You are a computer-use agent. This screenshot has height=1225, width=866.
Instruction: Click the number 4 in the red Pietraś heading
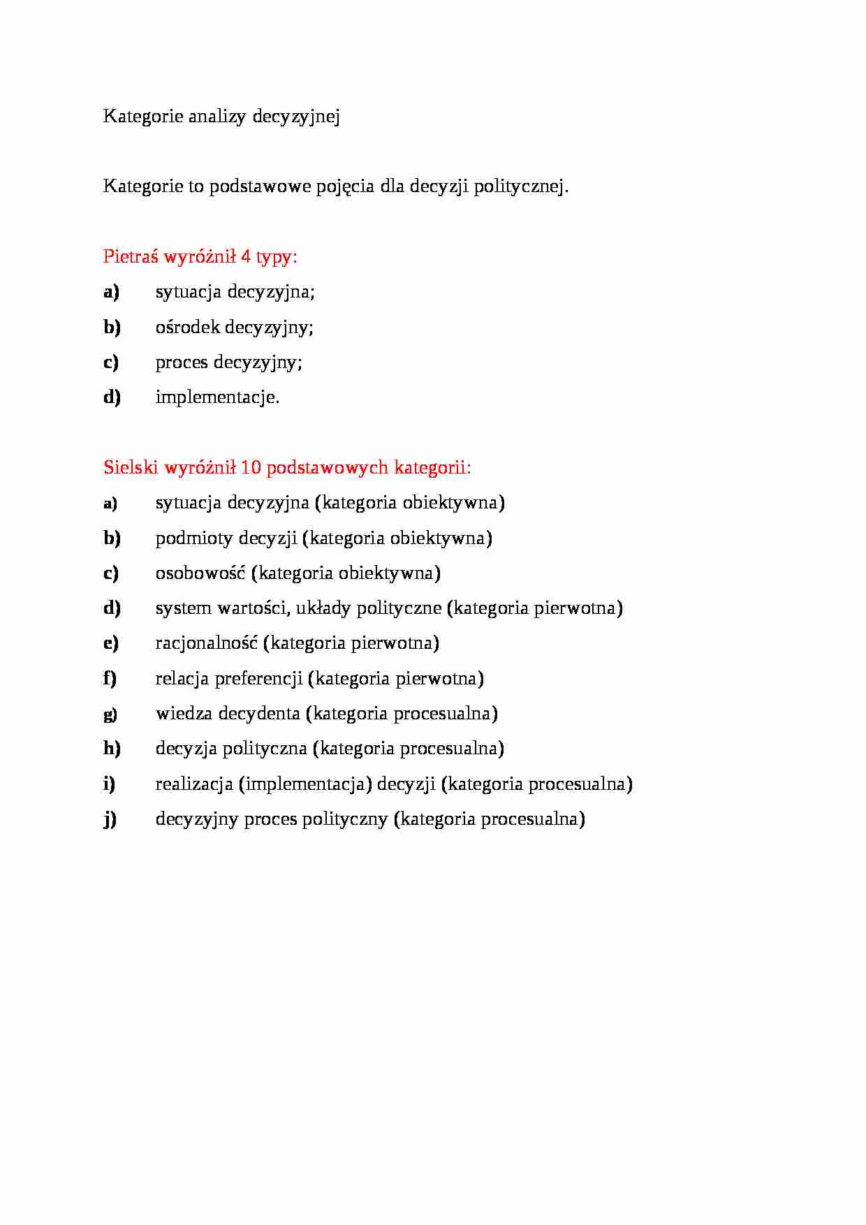tap(246, 256)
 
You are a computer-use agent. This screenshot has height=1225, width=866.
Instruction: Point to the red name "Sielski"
tap(131, 467)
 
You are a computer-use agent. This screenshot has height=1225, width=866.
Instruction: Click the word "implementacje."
tap(217, 397)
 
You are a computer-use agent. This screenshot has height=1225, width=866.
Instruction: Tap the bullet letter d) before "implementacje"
tap(112, 397)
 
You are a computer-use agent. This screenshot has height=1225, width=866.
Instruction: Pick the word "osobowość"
tap(200, 573)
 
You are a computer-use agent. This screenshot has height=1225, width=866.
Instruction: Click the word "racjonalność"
tap(207, 643)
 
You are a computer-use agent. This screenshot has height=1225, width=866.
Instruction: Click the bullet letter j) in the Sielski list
tap(110, 819)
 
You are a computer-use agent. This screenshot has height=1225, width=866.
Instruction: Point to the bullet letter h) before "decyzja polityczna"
tap(112, 749)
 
